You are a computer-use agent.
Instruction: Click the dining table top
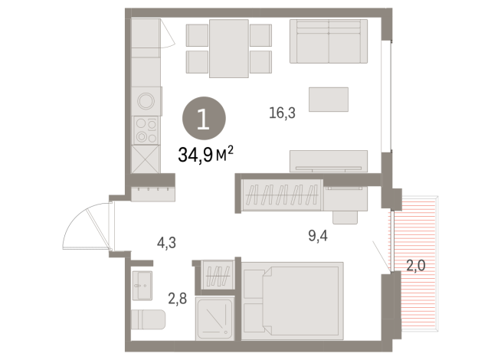point(228,48)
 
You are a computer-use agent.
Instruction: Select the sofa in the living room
point(329,42)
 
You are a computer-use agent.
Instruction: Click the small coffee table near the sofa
point(329,99)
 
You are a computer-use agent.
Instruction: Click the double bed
point(293,299)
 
